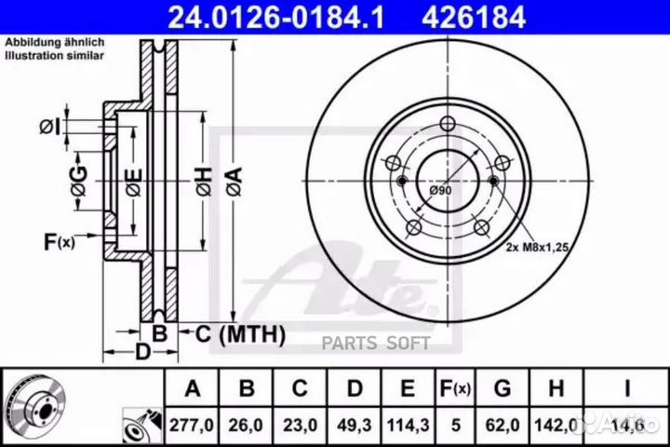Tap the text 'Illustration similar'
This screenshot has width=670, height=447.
[x=54, y=57]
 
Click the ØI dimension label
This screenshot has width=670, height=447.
[x=51, y=127]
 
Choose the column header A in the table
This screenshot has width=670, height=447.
[x=192, y=388]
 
